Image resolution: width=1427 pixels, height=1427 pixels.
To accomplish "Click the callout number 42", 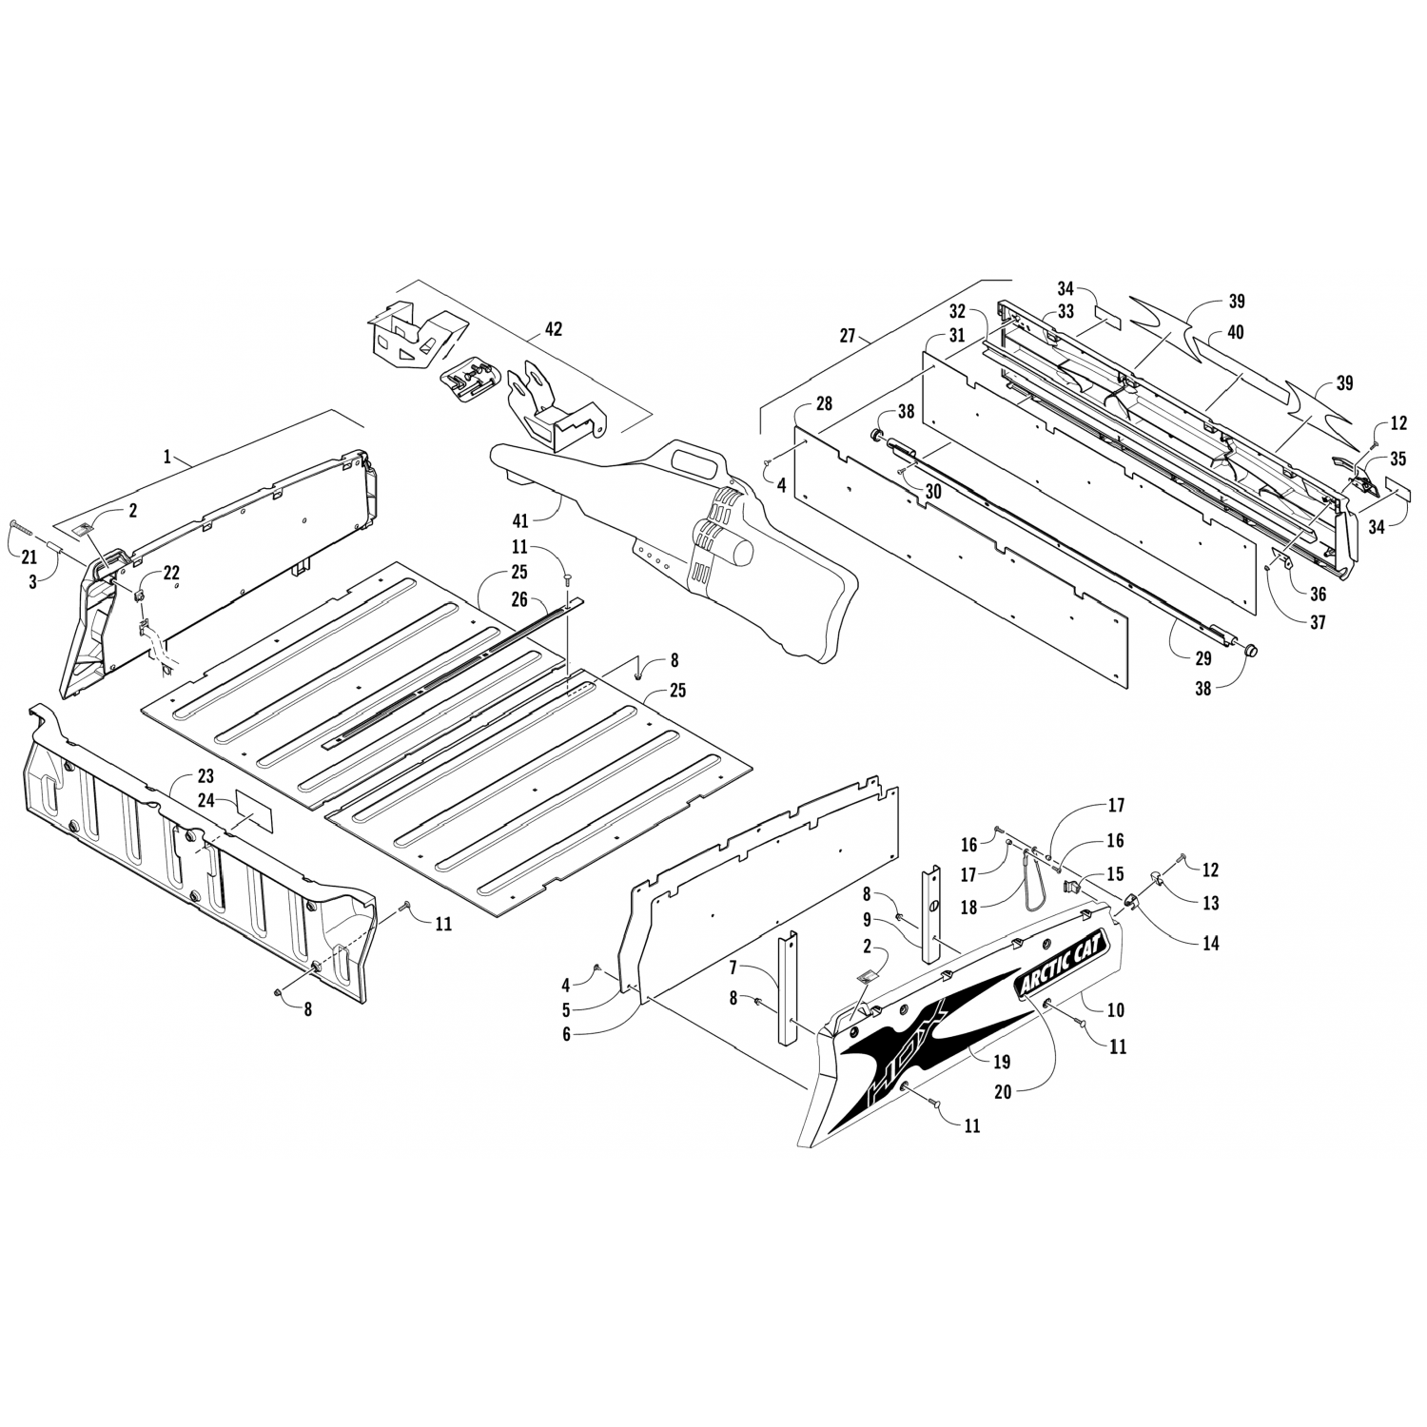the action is click(x=553, y=329).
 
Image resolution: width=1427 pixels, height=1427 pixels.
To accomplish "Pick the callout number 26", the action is click(x=518, y=599).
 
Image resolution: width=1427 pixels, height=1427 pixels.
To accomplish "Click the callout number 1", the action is click(x=167, y=458).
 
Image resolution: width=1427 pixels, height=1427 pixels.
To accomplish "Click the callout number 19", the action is click(x=1002, y=1062).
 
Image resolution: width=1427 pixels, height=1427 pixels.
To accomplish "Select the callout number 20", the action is click(x=1002, y=1093).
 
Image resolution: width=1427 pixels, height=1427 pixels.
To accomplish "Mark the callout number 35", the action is click(x=1398, y=459).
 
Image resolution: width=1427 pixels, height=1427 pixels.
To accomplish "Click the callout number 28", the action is click(x=823, y=404).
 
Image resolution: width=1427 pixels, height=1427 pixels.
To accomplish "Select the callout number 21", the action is click(x=29, y=557).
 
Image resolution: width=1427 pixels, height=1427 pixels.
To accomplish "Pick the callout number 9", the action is click(x=868, y=920).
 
